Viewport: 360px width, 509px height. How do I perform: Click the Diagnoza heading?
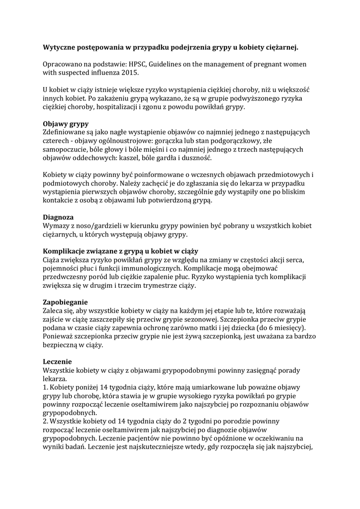pos(58,217)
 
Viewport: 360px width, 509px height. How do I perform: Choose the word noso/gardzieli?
pos(98,226)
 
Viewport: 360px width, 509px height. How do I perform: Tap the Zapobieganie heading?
pos(65,302)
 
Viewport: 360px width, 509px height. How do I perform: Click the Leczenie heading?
pos(58,362)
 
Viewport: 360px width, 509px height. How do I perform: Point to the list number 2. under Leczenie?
pos(46,421)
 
